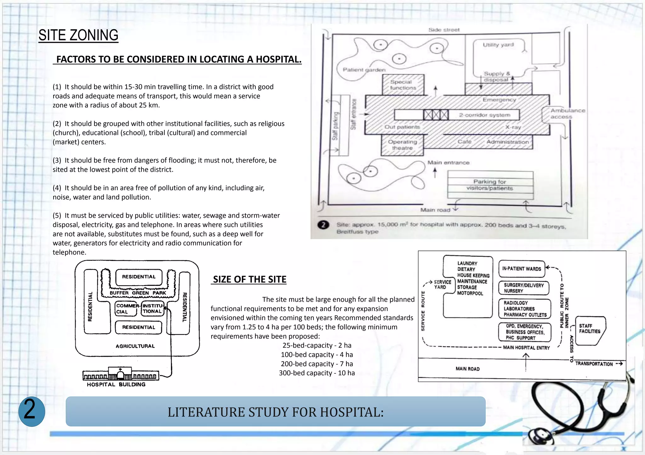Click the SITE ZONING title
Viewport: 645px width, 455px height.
78,35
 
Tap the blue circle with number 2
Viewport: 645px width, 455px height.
31,411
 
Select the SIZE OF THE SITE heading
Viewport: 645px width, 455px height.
249,279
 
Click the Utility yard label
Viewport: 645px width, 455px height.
498,45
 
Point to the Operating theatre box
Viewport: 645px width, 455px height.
402,145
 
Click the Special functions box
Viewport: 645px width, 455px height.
403,85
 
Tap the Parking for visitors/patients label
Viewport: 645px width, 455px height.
490,185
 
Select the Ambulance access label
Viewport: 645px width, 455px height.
567,113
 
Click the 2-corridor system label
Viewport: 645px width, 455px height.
484,115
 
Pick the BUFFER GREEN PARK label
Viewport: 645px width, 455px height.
138,293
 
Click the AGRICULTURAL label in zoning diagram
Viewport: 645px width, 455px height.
135,346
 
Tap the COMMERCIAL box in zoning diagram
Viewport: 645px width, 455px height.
126,308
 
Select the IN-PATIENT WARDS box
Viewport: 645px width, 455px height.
522,269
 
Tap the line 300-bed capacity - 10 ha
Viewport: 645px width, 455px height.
317,373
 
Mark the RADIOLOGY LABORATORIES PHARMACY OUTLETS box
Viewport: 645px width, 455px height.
525,309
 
